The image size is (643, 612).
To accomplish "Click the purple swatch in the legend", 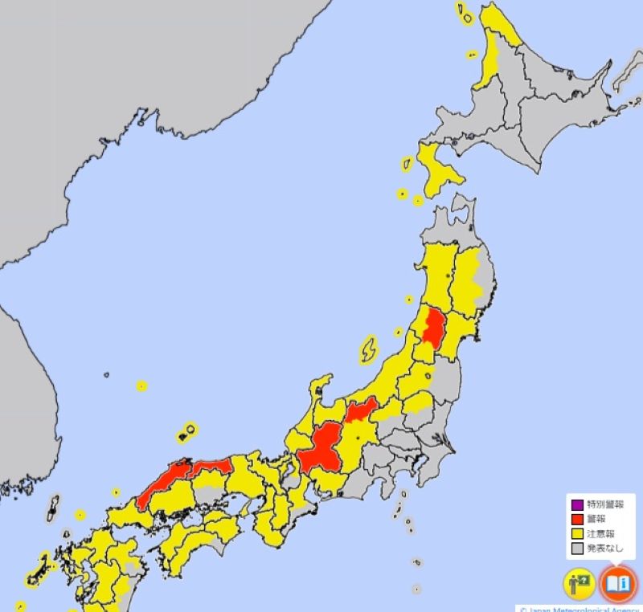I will pyautogui.click(x=576, y=505).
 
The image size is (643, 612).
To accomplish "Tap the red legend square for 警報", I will pyautogui.click(x=576, y=520).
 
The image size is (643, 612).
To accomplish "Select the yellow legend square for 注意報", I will pyautogui.click(x=576, y=534).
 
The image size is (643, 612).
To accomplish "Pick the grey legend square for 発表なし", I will pyautogui.click(x=576, y=549).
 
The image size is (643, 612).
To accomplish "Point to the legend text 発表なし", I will pyautogui.click(x=605, y=549).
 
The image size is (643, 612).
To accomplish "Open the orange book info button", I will pyautogui.click(x=618, y=584).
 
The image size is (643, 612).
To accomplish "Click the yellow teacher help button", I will pyautogui.click(x=579, y=584).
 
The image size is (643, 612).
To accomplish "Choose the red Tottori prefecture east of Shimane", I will pyautogui.click(x=211, y=466).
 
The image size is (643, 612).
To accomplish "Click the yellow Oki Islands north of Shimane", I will pyautogui.click(x=187, y=433).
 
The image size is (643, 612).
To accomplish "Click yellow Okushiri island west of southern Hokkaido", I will pyautogui.click(x=407, y=165).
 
